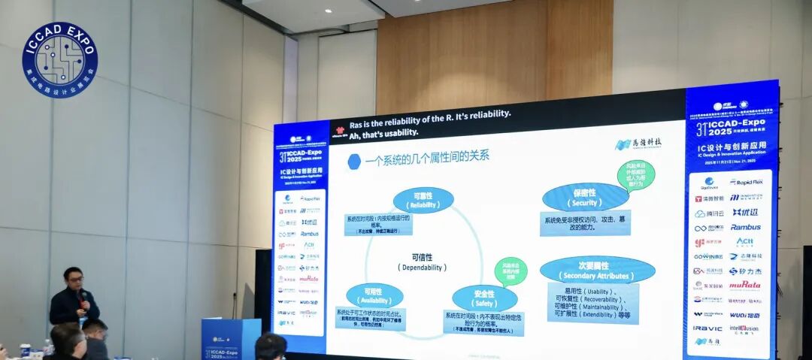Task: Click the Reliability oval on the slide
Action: (423, 199)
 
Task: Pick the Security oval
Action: (585, 198)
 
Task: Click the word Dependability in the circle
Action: (422, 262)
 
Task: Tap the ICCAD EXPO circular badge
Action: (60, 59)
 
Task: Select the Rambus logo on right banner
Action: (745, 227)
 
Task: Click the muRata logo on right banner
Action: (744, 285)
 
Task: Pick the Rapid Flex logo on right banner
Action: (745, 183)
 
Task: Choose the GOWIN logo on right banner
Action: (707, 257)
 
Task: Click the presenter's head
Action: (72, 277)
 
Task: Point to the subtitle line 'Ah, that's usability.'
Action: (383, 132)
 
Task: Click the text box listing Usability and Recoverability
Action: (592, 302)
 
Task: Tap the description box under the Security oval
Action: (585, 223)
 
